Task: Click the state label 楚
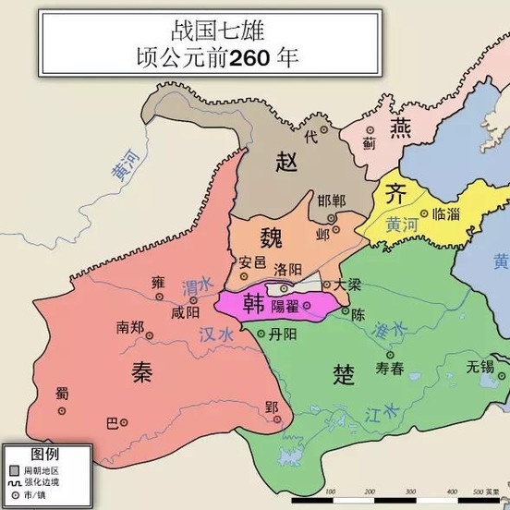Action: [x=344, y=372]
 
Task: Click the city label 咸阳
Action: [x=186, y=312]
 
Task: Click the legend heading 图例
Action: [x=45, y=455]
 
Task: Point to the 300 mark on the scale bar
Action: [x=404, y=491]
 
